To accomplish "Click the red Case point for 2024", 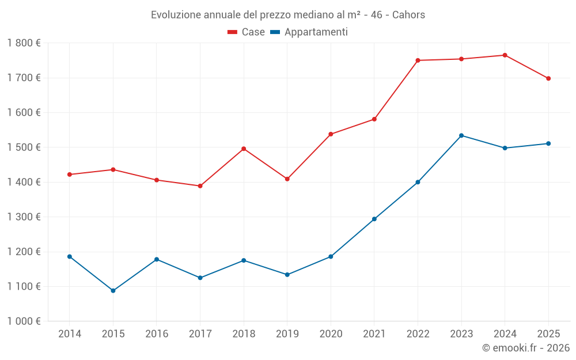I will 505,55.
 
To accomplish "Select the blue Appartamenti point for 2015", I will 113,291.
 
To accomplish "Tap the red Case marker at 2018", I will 244,149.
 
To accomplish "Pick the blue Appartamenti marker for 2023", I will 461,135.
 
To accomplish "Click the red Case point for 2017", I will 200,186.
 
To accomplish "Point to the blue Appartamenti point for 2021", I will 374,219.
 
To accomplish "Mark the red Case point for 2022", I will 418,60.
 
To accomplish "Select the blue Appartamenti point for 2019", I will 287,275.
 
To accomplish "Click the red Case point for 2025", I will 548,78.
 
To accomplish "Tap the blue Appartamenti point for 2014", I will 70,256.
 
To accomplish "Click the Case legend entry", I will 247,32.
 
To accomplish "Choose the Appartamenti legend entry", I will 309,32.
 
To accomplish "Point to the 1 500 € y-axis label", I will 24,147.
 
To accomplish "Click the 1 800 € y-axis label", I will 24,43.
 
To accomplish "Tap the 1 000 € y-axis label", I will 24,321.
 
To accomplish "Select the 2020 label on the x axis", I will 331,334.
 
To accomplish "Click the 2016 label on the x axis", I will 157,334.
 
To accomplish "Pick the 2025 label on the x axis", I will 548,334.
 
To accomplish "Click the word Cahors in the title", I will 408,15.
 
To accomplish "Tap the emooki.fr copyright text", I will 525,348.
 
